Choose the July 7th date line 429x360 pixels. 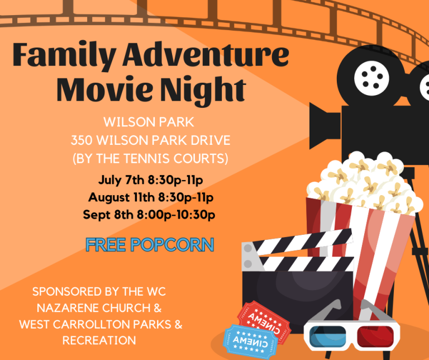pyautogui.click(x=151, y=180)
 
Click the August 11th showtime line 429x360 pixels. pyautogui.click(x=151, y=197)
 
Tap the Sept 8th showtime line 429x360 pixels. pyautogui.click(x=149, y=215)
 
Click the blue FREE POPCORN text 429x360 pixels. pyautogui.click(x=150, y=244)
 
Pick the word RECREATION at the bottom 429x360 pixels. pyautogui.click(x=99, y=340)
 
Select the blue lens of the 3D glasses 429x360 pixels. pyautogui.click(x=327, y=337)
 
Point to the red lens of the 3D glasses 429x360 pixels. pyautogui.click(x=375, y=337)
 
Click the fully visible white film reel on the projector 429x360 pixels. pyautogui.click(x=371, y=78)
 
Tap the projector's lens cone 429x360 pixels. pyautogui.click(x=325, y=126)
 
